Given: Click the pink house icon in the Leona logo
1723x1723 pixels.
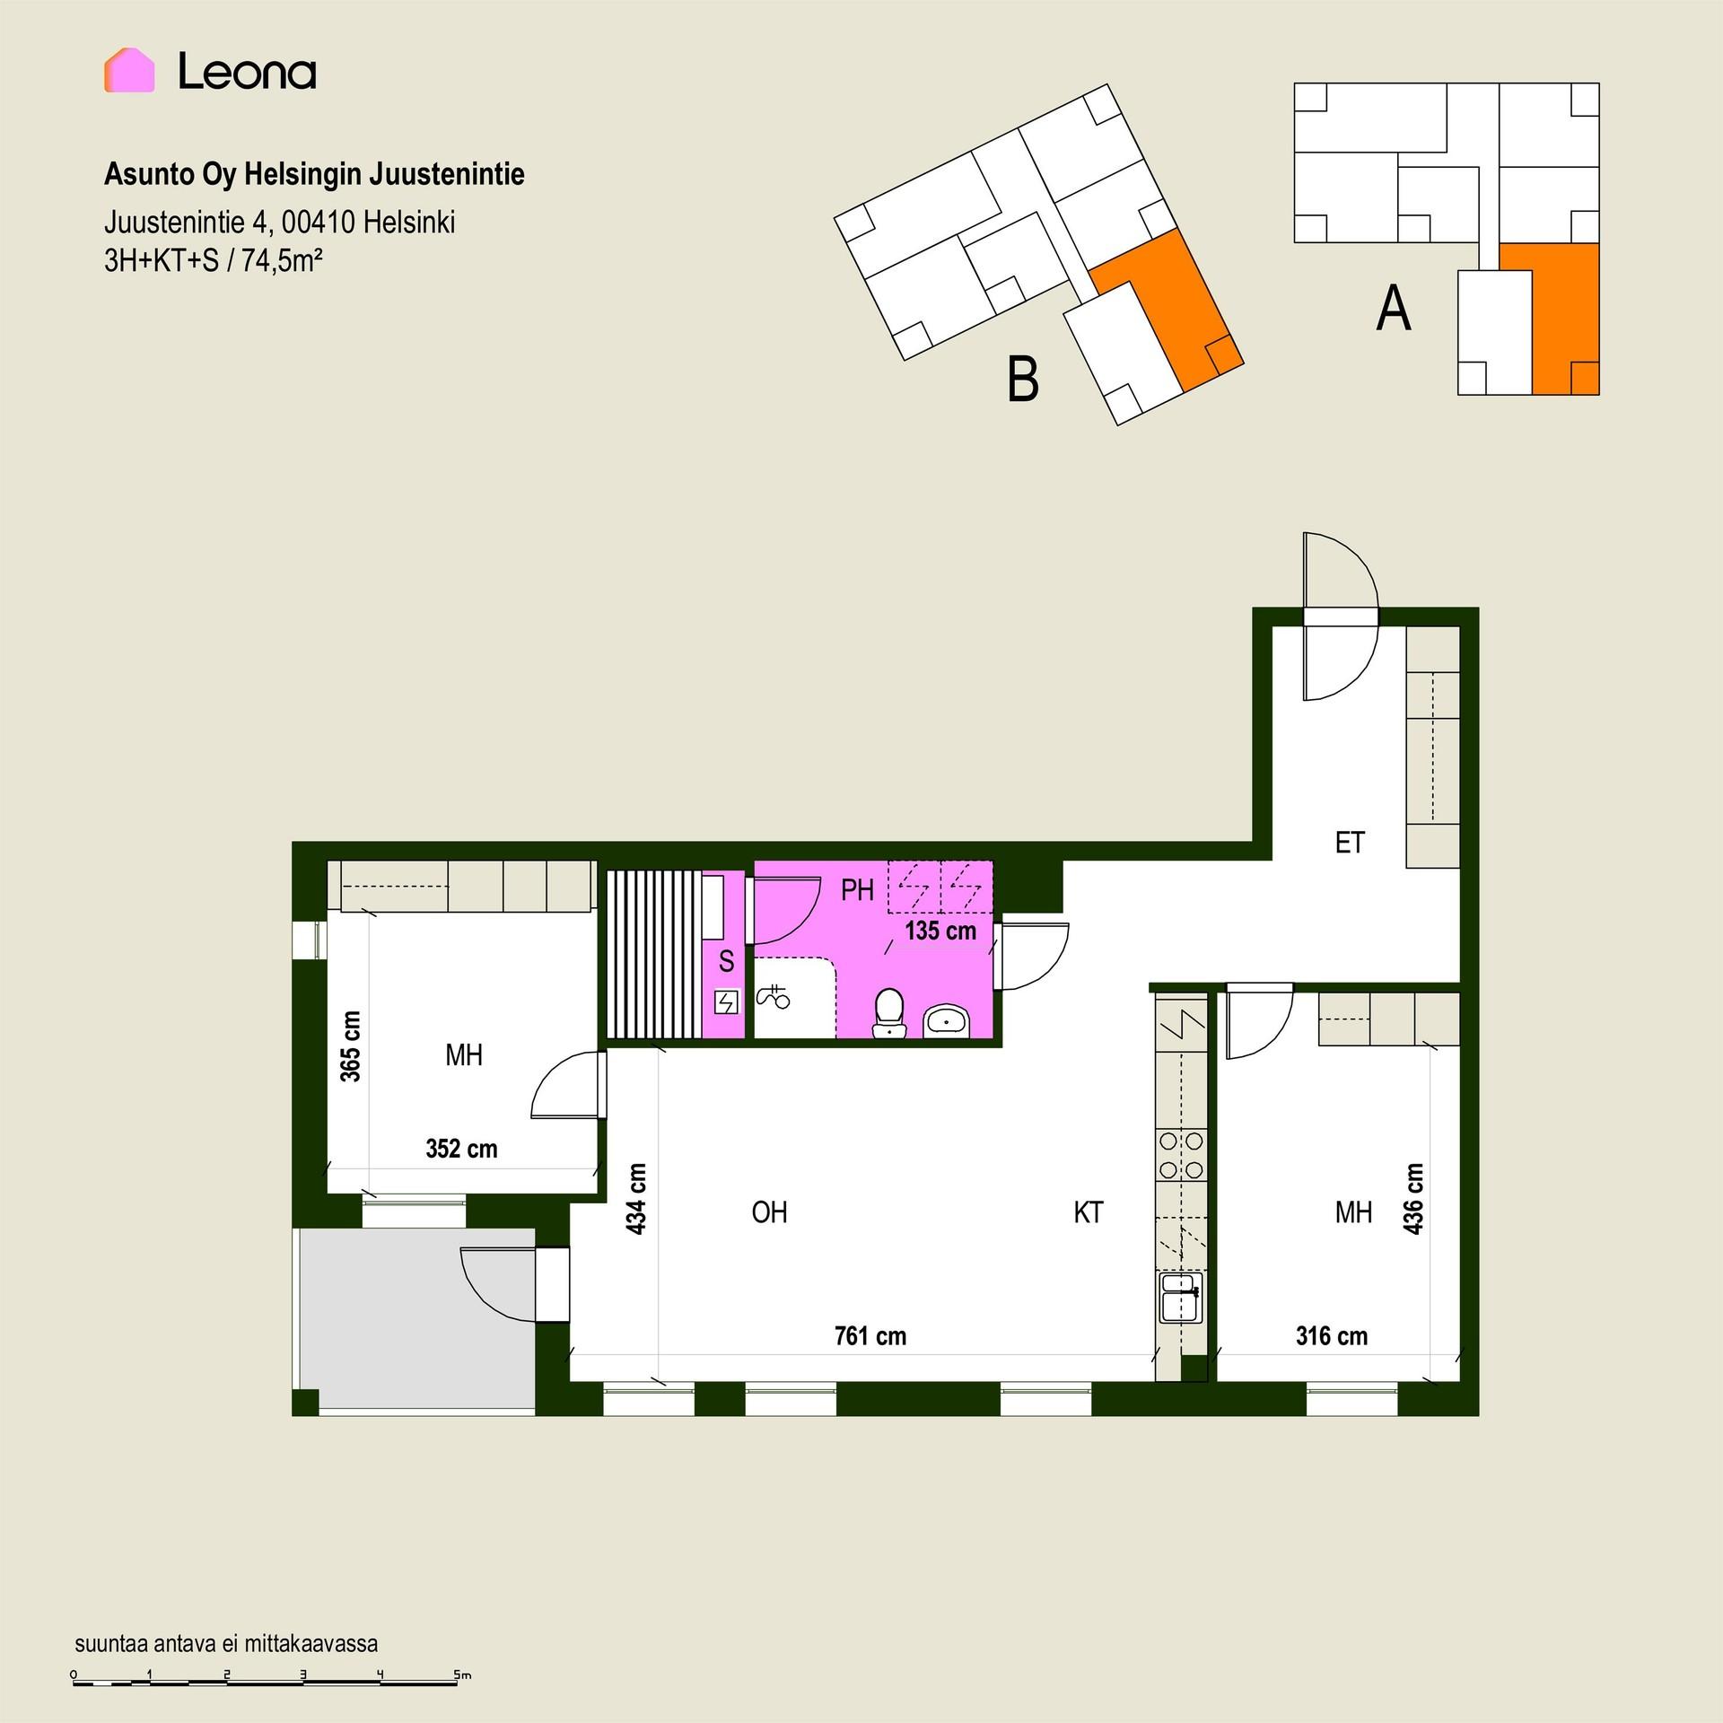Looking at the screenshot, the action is coord(129,70).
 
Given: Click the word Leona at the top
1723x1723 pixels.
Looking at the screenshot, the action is coord(247,71).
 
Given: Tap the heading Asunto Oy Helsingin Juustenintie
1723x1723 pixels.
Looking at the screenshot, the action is coord(314,174).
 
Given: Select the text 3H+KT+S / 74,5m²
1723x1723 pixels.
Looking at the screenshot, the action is coord(214,260).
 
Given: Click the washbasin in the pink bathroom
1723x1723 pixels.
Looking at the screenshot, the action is coord(947,1021).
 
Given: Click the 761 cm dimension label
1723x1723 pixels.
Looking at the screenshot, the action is coord(870,1336).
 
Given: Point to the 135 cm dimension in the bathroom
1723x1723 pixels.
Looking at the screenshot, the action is coord(940,931).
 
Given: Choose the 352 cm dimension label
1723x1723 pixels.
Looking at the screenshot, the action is coord(461,1149).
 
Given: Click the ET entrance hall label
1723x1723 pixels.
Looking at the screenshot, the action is coord(1350,843).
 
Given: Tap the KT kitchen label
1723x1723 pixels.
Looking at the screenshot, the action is coord(1089,1212).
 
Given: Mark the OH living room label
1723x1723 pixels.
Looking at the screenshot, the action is coord(769,1212).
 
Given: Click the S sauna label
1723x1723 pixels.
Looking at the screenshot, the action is coord(727,962).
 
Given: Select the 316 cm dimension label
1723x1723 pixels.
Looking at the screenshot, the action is coord(1332,1336).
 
